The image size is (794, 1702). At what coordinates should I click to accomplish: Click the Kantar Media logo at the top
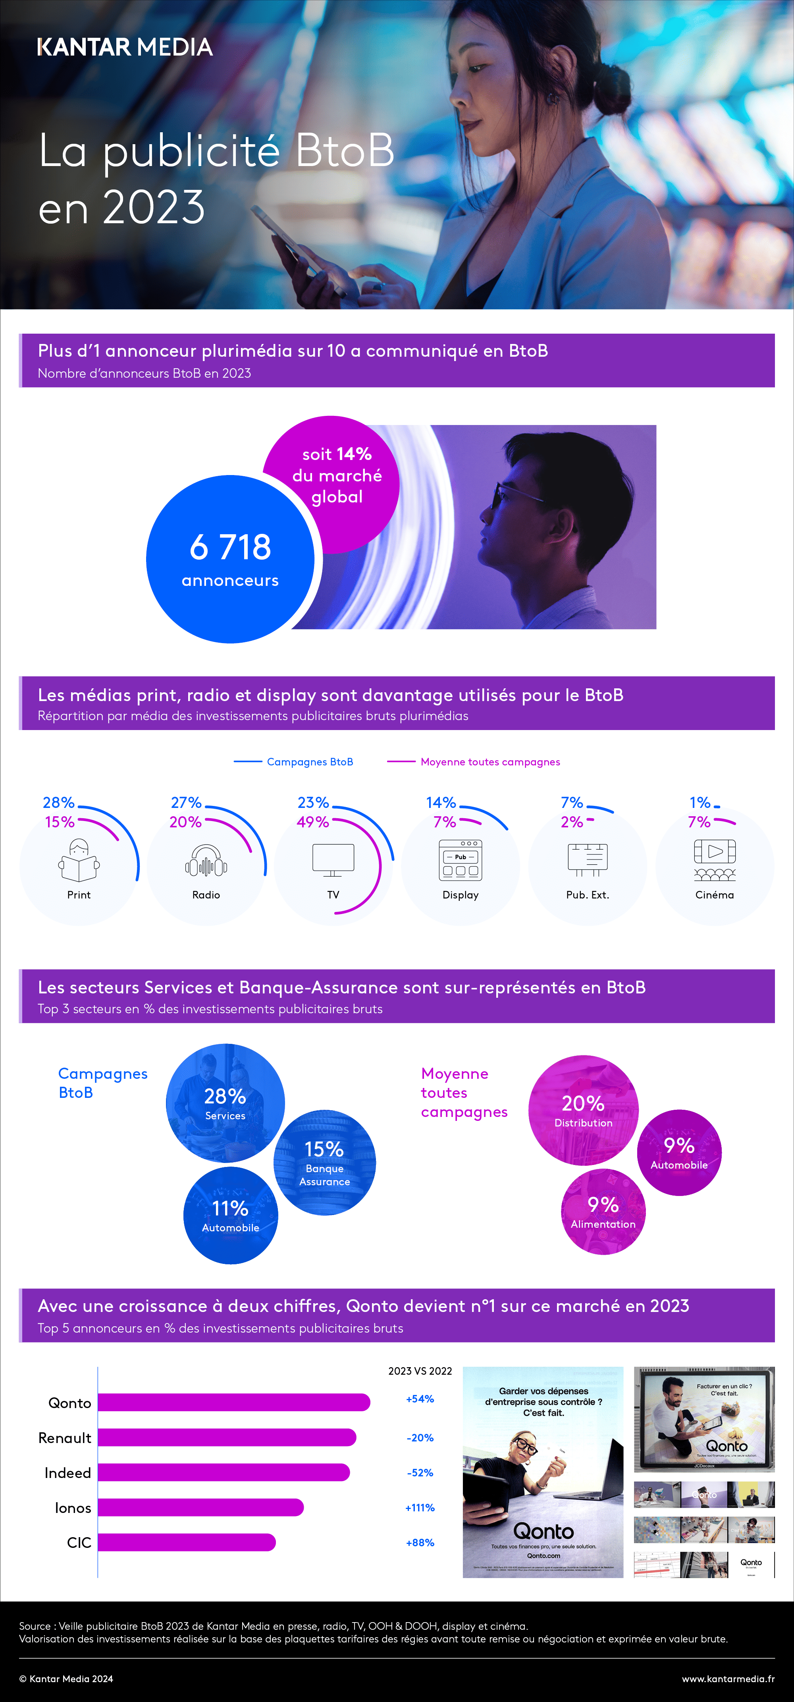[125, 47]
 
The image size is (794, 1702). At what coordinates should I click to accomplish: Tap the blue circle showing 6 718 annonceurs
[230, 559]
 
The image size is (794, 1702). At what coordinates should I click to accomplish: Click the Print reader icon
[79, 860]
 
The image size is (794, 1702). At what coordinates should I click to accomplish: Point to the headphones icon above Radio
[206, 861]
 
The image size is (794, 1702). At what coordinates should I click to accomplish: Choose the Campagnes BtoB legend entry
[294, 762]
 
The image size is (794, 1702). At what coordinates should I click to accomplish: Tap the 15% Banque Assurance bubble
[324, 1163]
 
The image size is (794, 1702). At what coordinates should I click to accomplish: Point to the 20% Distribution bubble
[583, 1110]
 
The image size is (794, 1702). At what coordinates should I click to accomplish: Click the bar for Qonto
[234, 1402]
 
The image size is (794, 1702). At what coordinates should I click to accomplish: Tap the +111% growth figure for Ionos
[420, 1508]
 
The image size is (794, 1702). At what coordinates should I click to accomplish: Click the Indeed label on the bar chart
[67, 1473]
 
